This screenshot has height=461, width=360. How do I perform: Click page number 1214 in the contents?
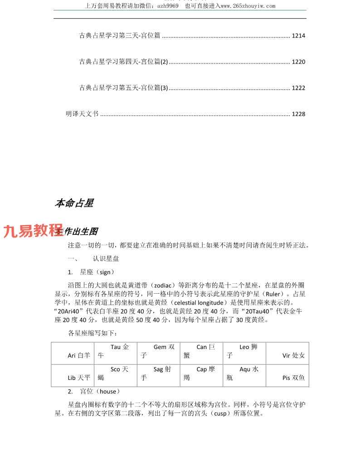point(298,36)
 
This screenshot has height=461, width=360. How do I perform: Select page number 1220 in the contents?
point(298,62)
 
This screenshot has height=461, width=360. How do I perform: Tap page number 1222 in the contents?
point(298,88)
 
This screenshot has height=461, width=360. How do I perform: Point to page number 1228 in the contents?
point(298,114)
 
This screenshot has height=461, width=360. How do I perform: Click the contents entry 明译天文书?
point(82,114)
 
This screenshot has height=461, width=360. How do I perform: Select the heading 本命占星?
point(74,204)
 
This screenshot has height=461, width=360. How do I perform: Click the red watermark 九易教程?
point(33,231)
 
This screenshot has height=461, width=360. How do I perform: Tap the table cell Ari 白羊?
point(79,355)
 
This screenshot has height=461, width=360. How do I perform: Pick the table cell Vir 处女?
point(293,355)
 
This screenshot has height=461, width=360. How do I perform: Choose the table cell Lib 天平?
point(79,378)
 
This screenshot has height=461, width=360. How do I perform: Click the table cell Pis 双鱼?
point(293,378)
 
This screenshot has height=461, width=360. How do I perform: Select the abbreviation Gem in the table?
point(160,347)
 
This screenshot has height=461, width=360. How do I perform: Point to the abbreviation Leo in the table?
point(244,347)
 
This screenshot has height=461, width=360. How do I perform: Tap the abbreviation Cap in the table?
point(202,369)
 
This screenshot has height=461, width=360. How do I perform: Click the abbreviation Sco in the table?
point(116,369)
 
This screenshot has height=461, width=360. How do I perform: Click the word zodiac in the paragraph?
point(162,286)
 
